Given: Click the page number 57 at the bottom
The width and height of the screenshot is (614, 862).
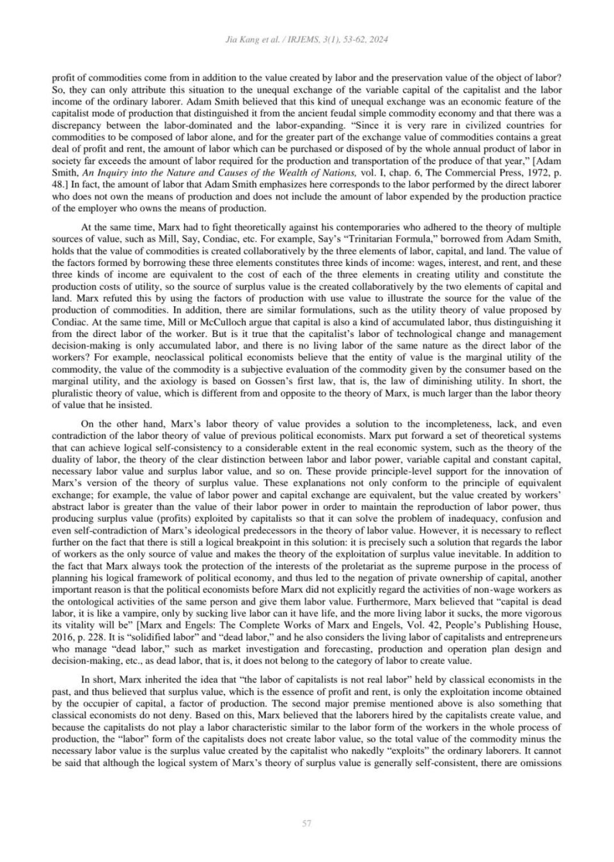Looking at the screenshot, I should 306,823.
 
